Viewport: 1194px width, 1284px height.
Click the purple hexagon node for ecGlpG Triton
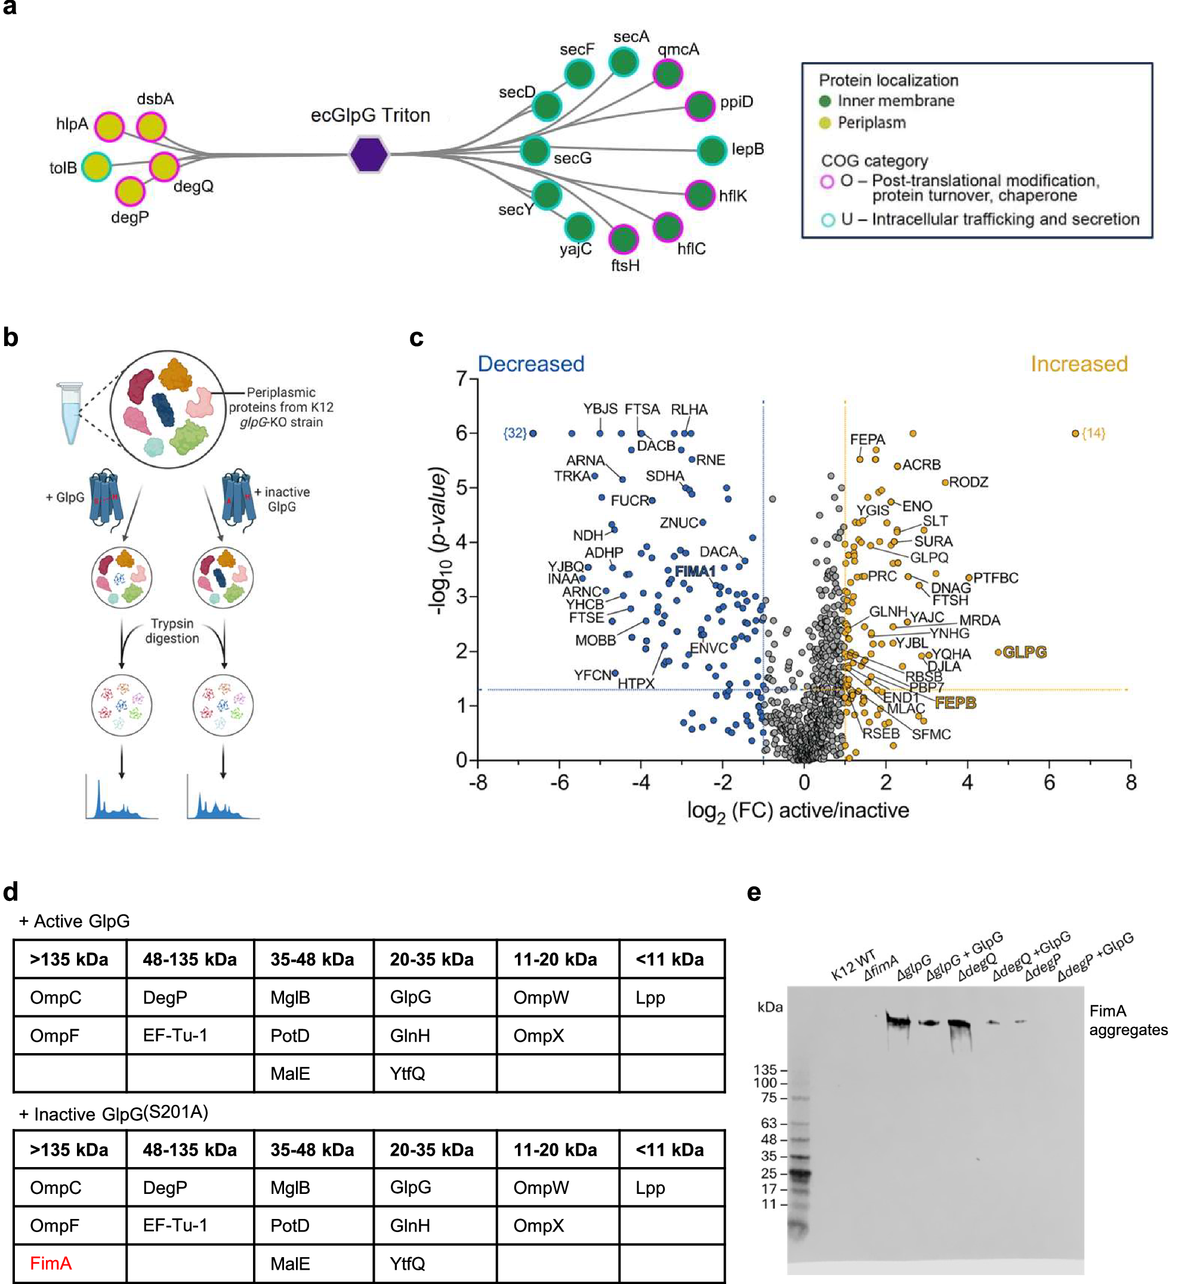tap(369, 155)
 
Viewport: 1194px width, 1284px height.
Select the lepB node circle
tap(712, 151)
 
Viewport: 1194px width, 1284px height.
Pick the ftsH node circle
tap(623, 240)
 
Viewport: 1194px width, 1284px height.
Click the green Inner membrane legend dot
tap(825, 101)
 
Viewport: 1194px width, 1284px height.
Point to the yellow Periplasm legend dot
tap(825, 123)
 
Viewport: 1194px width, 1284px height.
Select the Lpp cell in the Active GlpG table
tap(650, 997)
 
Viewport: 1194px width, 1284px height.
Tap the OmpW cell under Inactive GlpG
tap(541, 1187)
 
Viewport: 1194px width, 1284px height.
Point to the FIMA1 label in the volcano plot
tap(695, 572)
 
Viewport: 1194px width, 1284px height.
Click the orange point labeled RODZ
tap(945, 483)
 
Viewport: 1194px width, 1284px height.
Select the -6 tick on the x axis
tap(559, 783)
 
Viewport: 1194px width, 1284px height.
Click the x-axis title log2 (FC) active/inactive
tap(798, 811)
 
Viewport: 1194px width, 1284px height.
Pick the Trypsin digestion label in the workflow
tap(172, 631)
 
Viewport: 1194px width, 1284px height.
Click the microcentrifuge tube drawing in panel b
tap(70, 413)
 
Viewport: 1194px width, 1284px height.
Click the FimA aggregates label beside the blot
tap(1128, 1020)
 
